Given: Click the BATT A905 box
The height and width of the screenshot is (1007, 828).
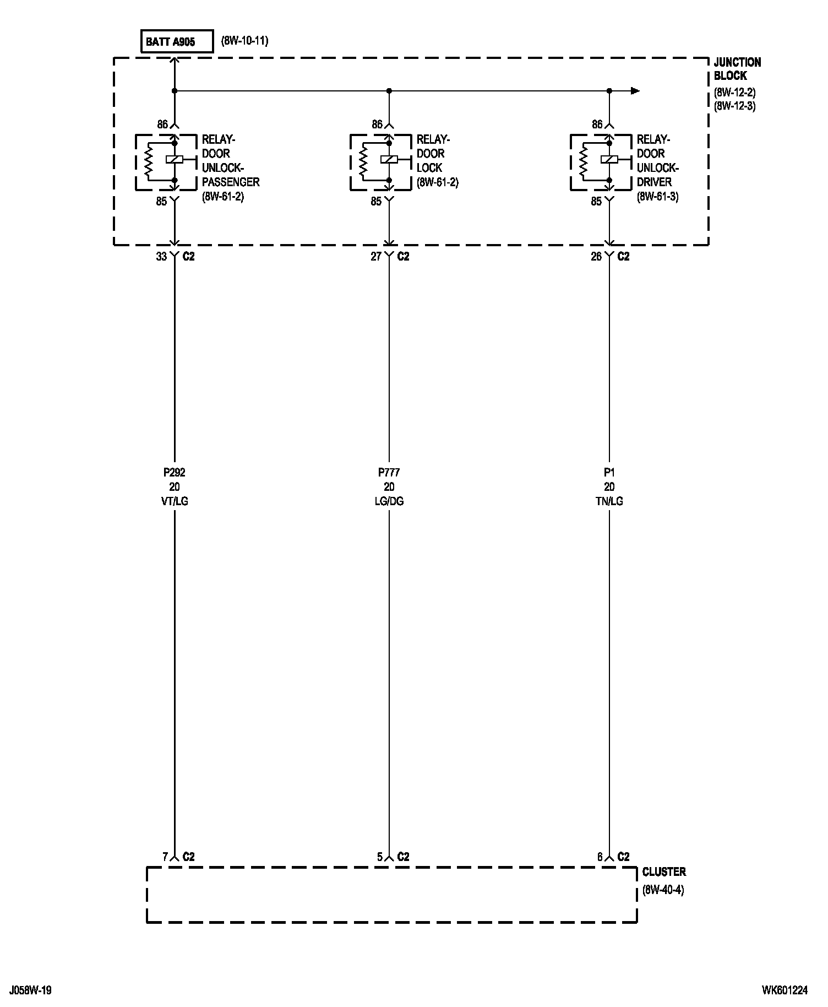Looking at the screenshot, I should tap(177, 42).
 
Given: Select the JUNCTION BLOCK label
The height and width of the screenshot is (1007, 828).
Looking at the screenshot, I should tap(737, 69).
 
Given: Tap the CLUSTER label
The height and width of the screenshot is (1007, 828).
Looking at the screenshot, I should tap(664, 872).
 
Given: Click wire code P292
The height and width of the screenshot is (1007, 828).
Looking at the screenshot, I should tap(174, 472).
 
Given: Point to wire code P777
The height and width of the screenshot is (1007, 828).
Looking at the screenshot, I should tap(389, 472).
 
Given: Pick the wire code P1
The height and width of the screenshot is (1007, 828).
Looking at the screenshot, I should tap(609, 472).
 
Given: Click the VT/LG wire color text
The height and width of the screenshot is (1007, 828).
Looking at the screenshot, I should tap(174, 501).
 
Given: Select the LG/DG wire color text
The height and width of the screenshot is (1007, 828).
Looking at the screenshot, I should tap(389, 501).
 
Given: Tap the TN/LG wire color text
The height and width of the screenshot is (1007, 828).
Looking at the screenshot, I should tap(609, 501).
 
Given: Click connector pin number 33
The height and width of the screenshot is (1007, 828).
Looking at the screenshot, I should tap(161, 257).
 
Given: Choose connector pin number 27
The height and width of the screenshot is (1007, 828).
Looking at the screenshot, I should tap(375, 257).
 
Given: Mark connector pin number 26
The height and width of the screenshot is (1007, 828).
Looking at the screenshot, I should tap(596, 257).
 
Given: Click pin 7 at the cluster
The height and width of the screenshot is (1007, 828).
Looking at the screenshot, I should tap(165, 857).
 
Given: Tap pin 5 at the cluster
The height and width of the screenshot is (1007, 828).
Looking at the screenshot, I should tap(379, 857).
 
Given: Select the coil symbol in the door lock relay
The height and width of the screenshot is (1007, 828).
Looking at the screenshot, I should tap(389, 160).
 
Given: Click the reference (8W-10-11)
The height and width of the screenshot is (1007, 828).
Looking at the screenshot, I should tap(244, 41).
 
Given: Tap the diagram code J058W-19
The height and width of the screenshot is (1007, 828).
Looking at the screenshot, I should tap(31, 990).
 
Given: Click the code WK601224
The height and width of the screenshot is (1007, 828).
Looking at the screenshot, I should tap(785, 990).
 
